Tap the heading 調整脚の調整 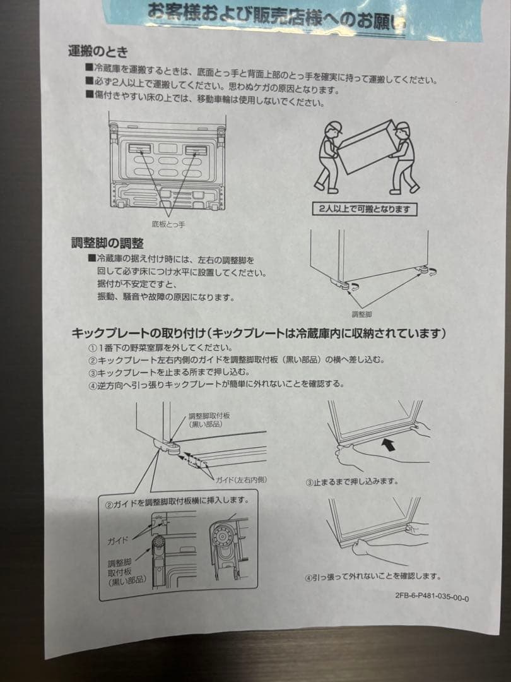[x=107, y=243]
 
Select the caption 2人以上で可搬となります [x=365, y=209]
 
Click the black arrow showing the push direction [x=391, y=445]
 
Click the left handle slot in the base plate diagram [x=141, y=149]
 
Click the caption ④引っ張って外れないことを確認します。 [x=372, y=576]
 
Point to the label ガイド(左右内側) [x=241, y=480]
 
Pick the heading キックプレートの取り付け [x=138, y=333]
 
